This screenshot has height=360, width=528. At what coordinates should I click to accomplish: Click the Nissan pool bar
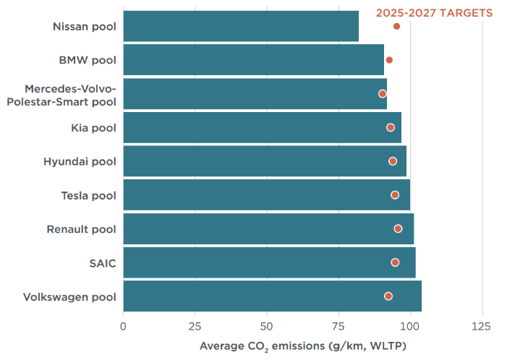(x=241, y=26)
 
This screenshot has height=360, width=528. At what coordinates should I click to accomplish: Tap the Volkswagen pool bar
(x=272, y=296)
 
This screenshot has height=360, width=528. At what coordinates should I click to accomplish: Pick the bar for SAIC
(x=269, y=262)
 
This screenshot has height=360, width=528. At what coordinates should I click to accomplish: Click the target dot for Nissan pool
(x=396, y=26)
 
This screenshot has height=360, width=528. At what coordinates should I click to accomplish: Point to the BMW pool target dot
(x=389, y=60)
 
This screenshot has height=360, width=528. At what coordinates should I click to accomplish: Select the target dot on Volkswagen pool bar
(x=388, y=296)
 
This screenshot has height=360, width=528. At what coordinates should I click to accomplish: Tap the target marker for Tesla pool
(x=395, y=195)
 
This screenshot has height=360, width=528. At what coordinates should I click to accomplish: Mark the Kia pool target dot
(x=391, y=127)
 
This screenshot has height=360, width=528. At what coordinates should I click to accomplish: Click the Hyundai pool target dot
(x=393, y=161)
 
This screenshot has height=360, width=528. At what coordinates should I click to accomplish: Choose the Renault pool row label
(x=81, y=229)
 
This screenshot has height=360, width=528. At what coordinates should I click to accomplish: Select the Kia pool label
(x=93, y=128)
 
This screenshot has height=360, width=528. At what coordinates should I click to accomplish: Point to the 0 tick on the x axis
(x=124, y=325)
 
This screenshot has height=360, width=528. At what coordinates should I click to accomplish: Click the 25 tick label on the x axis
(x=195, y=325)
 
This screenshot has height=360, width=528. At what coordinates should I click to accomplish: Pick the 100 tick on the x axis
(x=410, y=325)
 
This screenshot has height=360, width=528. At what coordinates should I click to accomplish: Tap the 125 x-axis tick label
(x=482, y=325)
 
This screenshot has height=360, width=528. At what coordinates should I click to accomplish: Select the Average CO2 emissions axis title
(x=303, y=346)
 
